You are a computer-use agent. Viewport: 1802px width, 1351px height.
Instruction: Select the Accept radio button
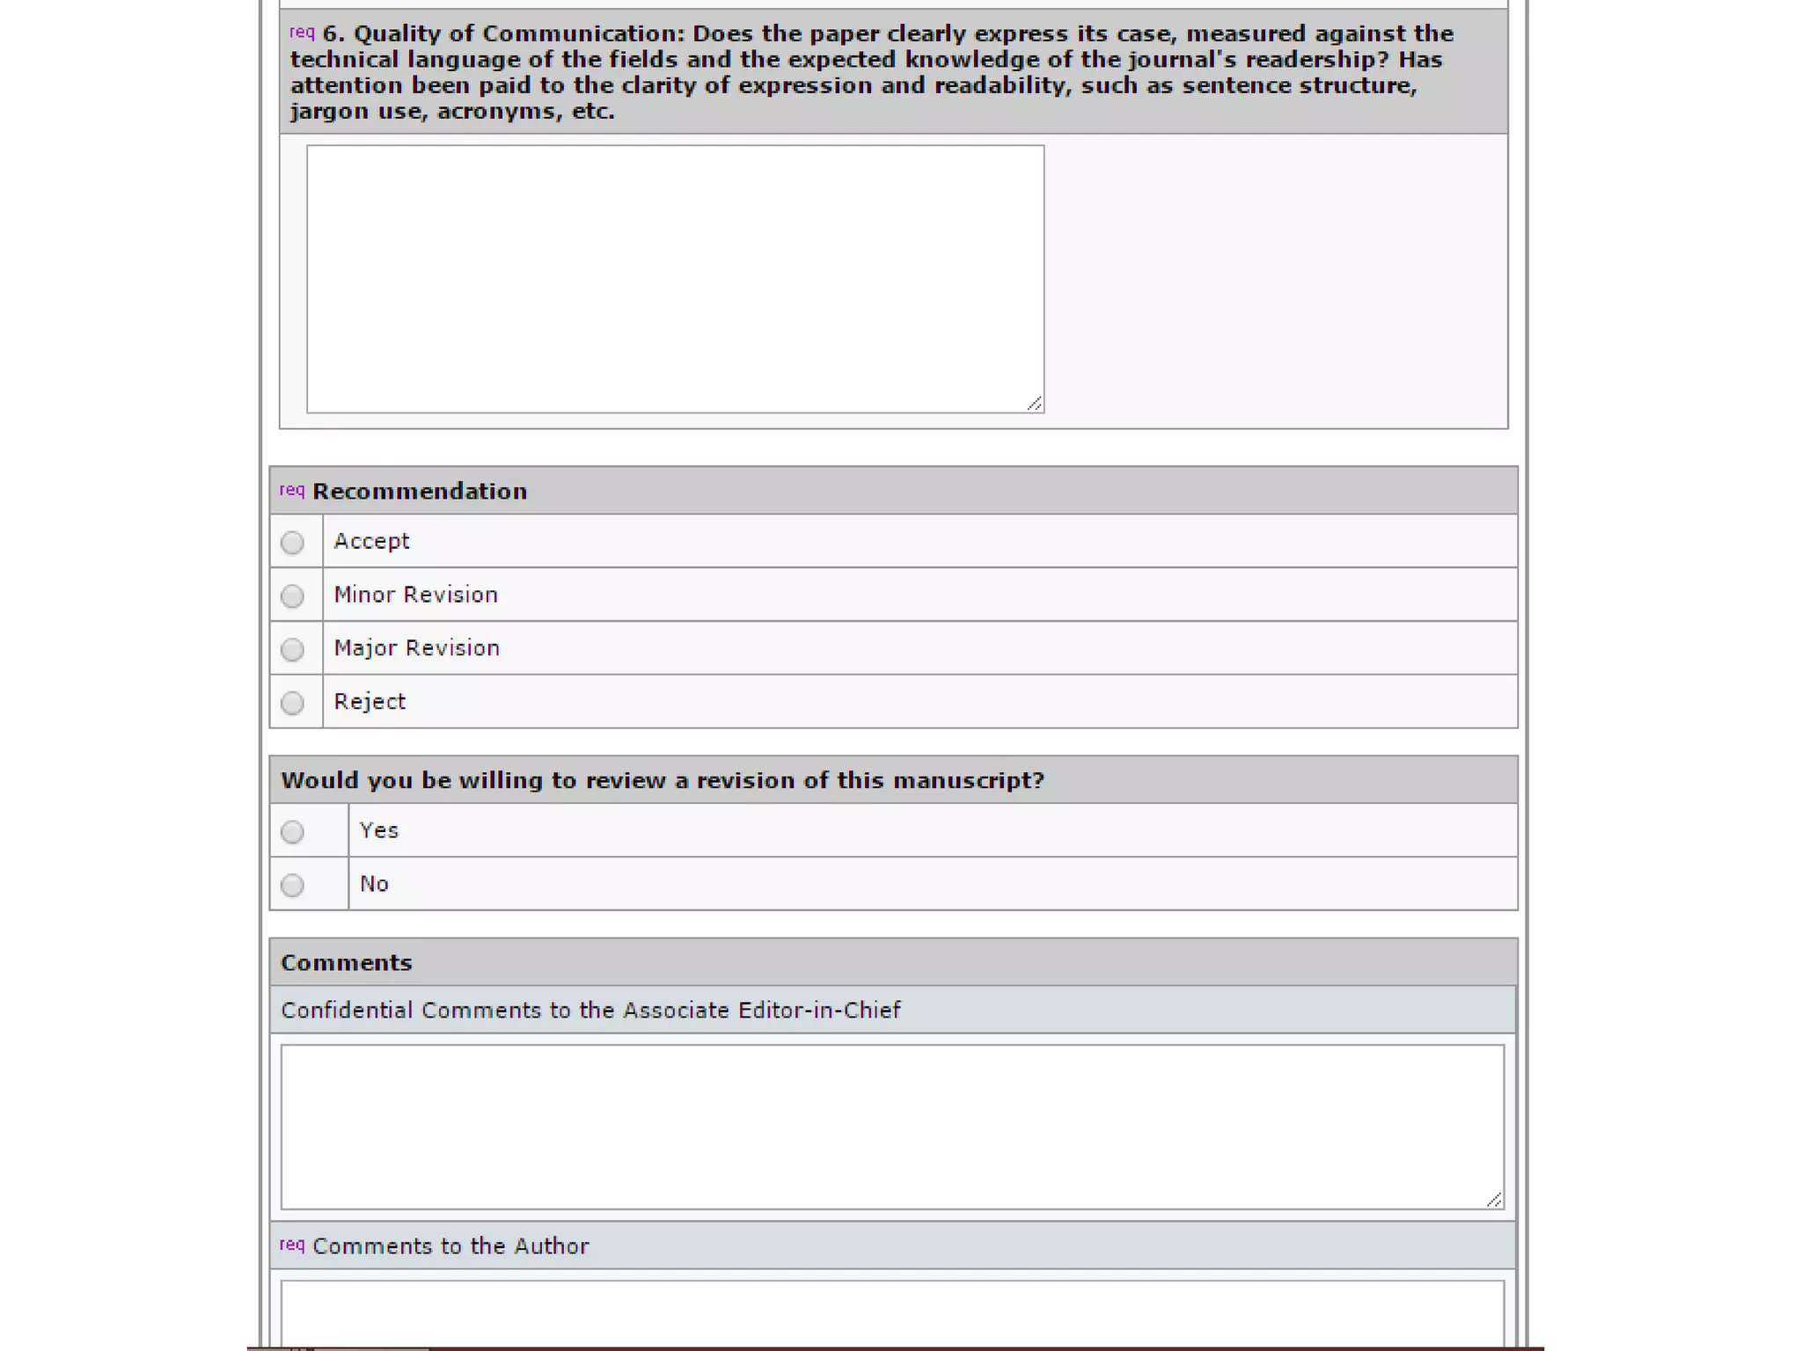292,543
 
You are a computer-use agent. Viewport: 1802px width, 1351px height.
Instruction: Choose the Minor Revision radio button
292,596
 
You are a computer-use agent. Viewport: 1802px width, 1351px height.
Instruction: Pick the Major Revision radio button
292,650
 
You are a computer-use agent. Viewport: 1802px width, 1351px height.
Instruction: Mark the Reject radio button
292,703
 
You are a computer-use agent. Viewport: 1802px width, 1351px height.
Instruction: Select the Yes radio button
292,832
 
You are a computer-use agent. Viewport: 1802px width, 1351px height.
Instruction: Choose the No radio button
292,885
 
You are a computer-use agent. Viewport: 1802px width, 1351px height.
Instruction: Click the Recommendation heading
420,492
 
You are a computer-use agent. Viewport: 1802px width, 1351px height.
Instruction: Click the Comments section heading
347,963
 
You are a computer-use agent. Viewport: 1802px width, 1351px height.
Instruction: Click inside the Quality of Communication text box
675,279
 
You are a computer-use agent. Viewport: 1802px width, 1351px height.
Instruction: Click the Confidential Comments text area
892,1127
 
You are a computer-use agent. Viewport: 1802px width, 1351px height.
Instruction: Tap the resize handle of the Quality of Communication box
1035,404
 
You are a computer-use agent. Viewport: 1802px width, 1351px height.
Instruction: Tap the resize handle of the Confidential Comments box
1494,1201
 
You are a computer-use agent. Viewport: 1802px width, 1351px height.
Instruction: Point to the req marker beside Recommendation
291,490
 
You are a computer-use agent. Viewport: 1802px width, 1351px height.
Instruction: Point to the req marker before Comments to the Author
291,1245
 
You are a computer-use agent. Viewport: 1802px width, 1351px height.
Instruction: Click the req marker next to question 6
302,33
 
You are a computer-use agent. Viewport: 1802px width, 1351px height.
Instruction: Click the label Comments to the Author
450,1246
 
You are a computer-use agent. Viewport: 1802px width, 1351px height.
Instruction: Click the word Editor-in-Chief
819,1011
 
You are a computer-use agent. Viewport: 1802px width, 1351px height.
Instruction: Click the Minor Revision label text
415,595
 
